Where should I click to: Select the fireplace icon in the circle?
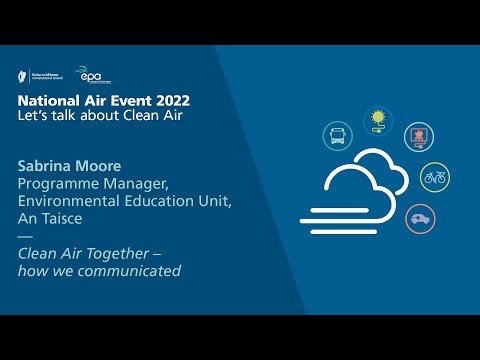(x=417, y=137)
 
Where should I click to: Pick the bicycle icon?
(x=434, y=178)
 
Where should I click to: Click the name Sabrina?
(x=47, y=166)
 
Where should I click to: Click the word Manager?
(x=136, y=184)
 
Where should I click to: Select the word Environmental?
(x=69, y=202)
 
